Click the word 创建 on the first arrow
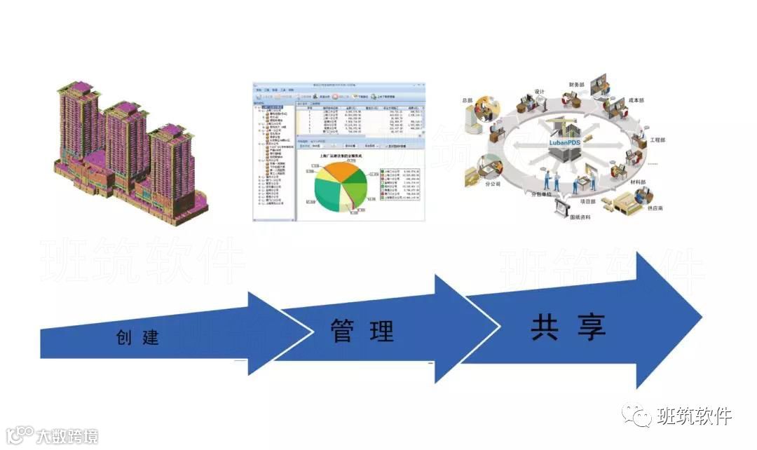tap(138, 337)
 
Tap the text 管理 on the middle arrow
tap(362, 329)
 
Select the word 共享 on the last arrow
tap(568, 326)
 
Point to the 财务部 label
tap(578, 83)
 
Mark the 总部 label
tap(470, 100)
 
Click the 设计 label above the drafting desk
tap(540, 92)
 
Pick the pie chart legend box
tap(400, 184)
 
